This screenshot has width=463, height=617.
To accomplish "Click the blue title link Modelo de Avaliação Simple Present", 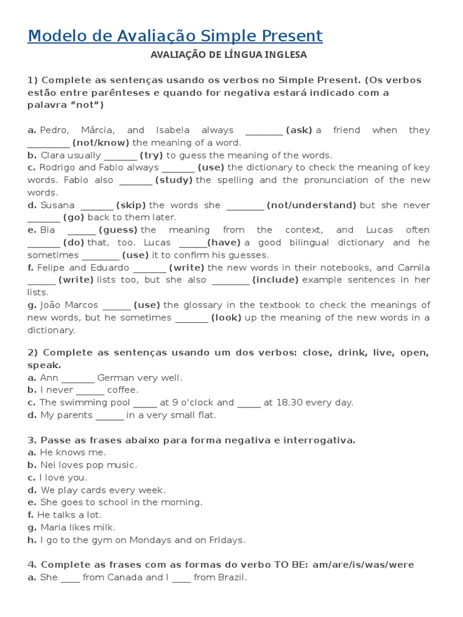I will coord(175,36).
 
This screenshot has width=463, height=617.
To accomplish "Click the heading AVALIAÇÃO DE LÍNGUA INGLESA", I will coord(228,55).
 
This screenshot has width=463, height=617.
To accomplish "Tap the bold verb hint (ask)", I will coord(299,130).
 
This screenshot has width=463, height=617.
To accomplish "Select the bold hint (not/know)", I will coord(101,143).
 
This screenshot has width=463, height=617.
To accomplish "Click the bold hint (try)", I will coord(151,155).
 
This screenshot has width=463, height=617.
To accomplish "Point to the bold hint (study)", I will coord(174,180).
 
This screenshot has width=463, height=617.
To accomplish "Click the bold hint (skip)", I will coord(131,205).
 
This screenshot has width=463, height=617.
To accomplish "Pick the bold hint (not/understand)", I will coord(312,205).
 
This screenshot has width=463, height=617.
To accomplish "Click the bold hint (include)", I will coord(276,280).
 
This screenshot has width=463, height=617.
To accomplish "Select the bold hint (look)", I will coord(226,318).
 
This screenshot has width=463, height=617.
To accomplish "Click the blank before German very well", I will coord(78,378).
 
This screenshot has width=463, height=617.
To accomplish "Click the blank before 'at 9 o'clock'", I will coord(145,403).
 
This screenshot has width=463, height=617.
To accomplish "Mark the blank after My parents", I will coord(109,416).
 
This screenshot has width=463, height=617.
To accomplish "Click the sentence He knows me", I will coord(72,453).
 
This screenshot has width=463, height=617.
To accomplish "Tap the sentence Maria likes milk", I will coord(77,528).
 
